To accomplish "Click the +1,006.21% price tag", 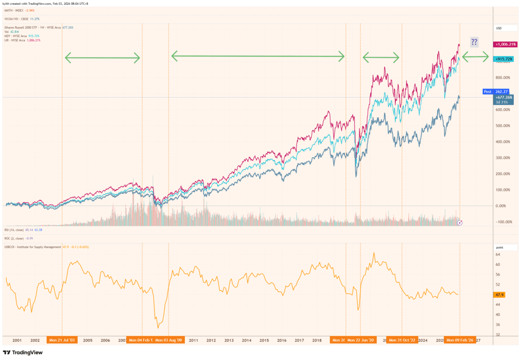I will point(505,45).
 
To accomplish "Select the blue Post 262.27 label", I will point(493,92).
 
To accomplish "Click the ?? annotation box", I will point(474,42).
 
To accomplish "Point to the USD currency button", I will point(499,28).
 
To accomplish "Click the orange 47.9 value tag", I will point(499,295).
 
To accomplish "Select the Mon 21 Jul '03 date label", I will point(62,340).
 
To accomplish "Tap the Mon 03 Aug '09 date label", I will point(169,340).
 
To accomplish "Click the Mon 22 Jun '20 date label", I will point(361,340).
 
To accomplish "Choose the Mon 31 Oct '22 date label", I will point(402,340).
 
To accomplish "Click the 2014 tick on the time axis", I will point(246,340).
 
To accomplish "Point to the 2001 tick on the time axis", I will point(17,340).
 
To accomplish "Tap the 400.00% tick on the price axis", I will point(502,142).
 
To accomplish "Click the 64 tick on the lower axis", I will point(497,254).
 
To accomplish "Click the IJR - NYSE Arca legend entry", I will point(22,40).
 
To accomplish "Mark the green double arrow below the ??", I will point(476,57).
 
